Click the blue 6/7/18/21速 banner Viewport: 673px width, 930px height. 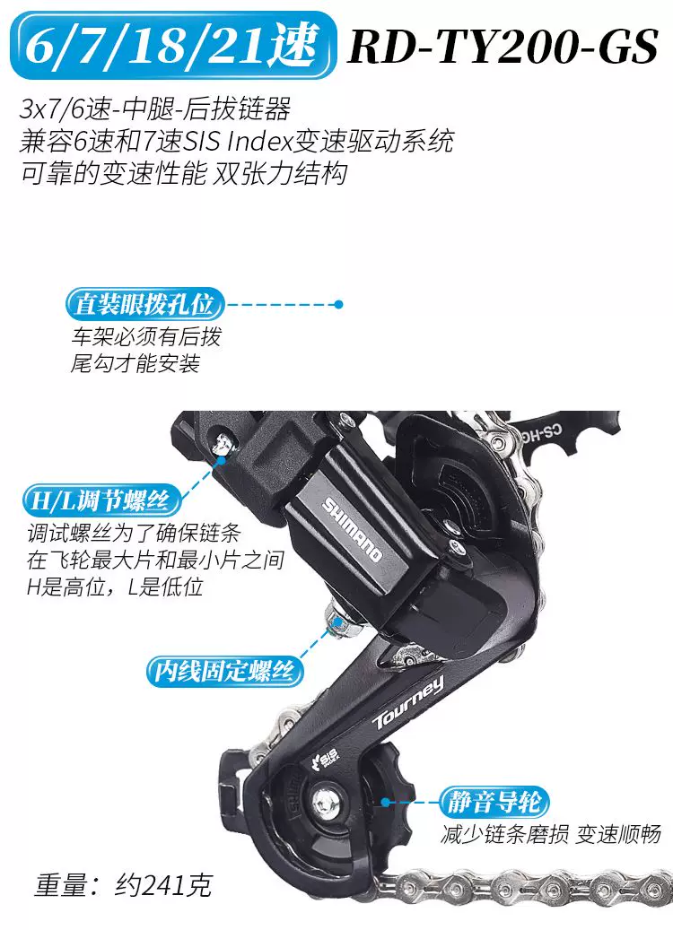click(x=173, y=45)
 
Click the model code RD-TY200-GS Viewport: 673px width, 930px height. click(x=503, y=46)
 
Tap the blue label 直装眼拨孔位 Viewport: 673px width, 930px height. click(x=144, y=305)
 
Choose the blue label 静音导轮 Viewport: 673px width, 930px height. click(x=494, y=802)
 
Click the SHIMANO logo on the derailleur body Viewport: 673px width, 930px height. click(x=352, y=530)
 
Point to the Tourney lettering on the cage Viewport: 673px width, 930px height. click(x=408, y=703)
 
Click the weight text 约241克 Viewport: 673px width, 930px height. click(x=163, y=885)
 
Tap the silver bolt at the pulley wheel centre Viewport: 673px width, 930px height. click(x=324, y=803)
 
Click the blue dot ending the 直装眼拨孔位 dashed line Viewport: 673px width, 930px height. click(x=338, y=304)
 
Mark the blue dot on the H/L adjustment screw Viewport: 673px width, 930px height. click(x=221, y=459)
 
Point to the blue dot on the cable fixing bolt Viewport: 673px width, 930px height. click(x=337, y=621)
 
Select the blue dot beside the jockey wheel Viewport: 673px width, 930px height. click(x=386, y=803)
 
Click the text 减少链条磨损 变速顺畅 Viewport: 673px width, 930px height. click(x=551, y=834)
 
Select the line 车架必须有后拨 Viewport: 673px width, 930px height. click(x=146, y=336)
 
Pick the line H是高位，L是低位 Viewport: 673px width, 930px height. click(x=115, y=587)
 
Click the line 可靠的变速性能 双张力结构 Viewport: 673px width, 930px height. click(x=183, y=174)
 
